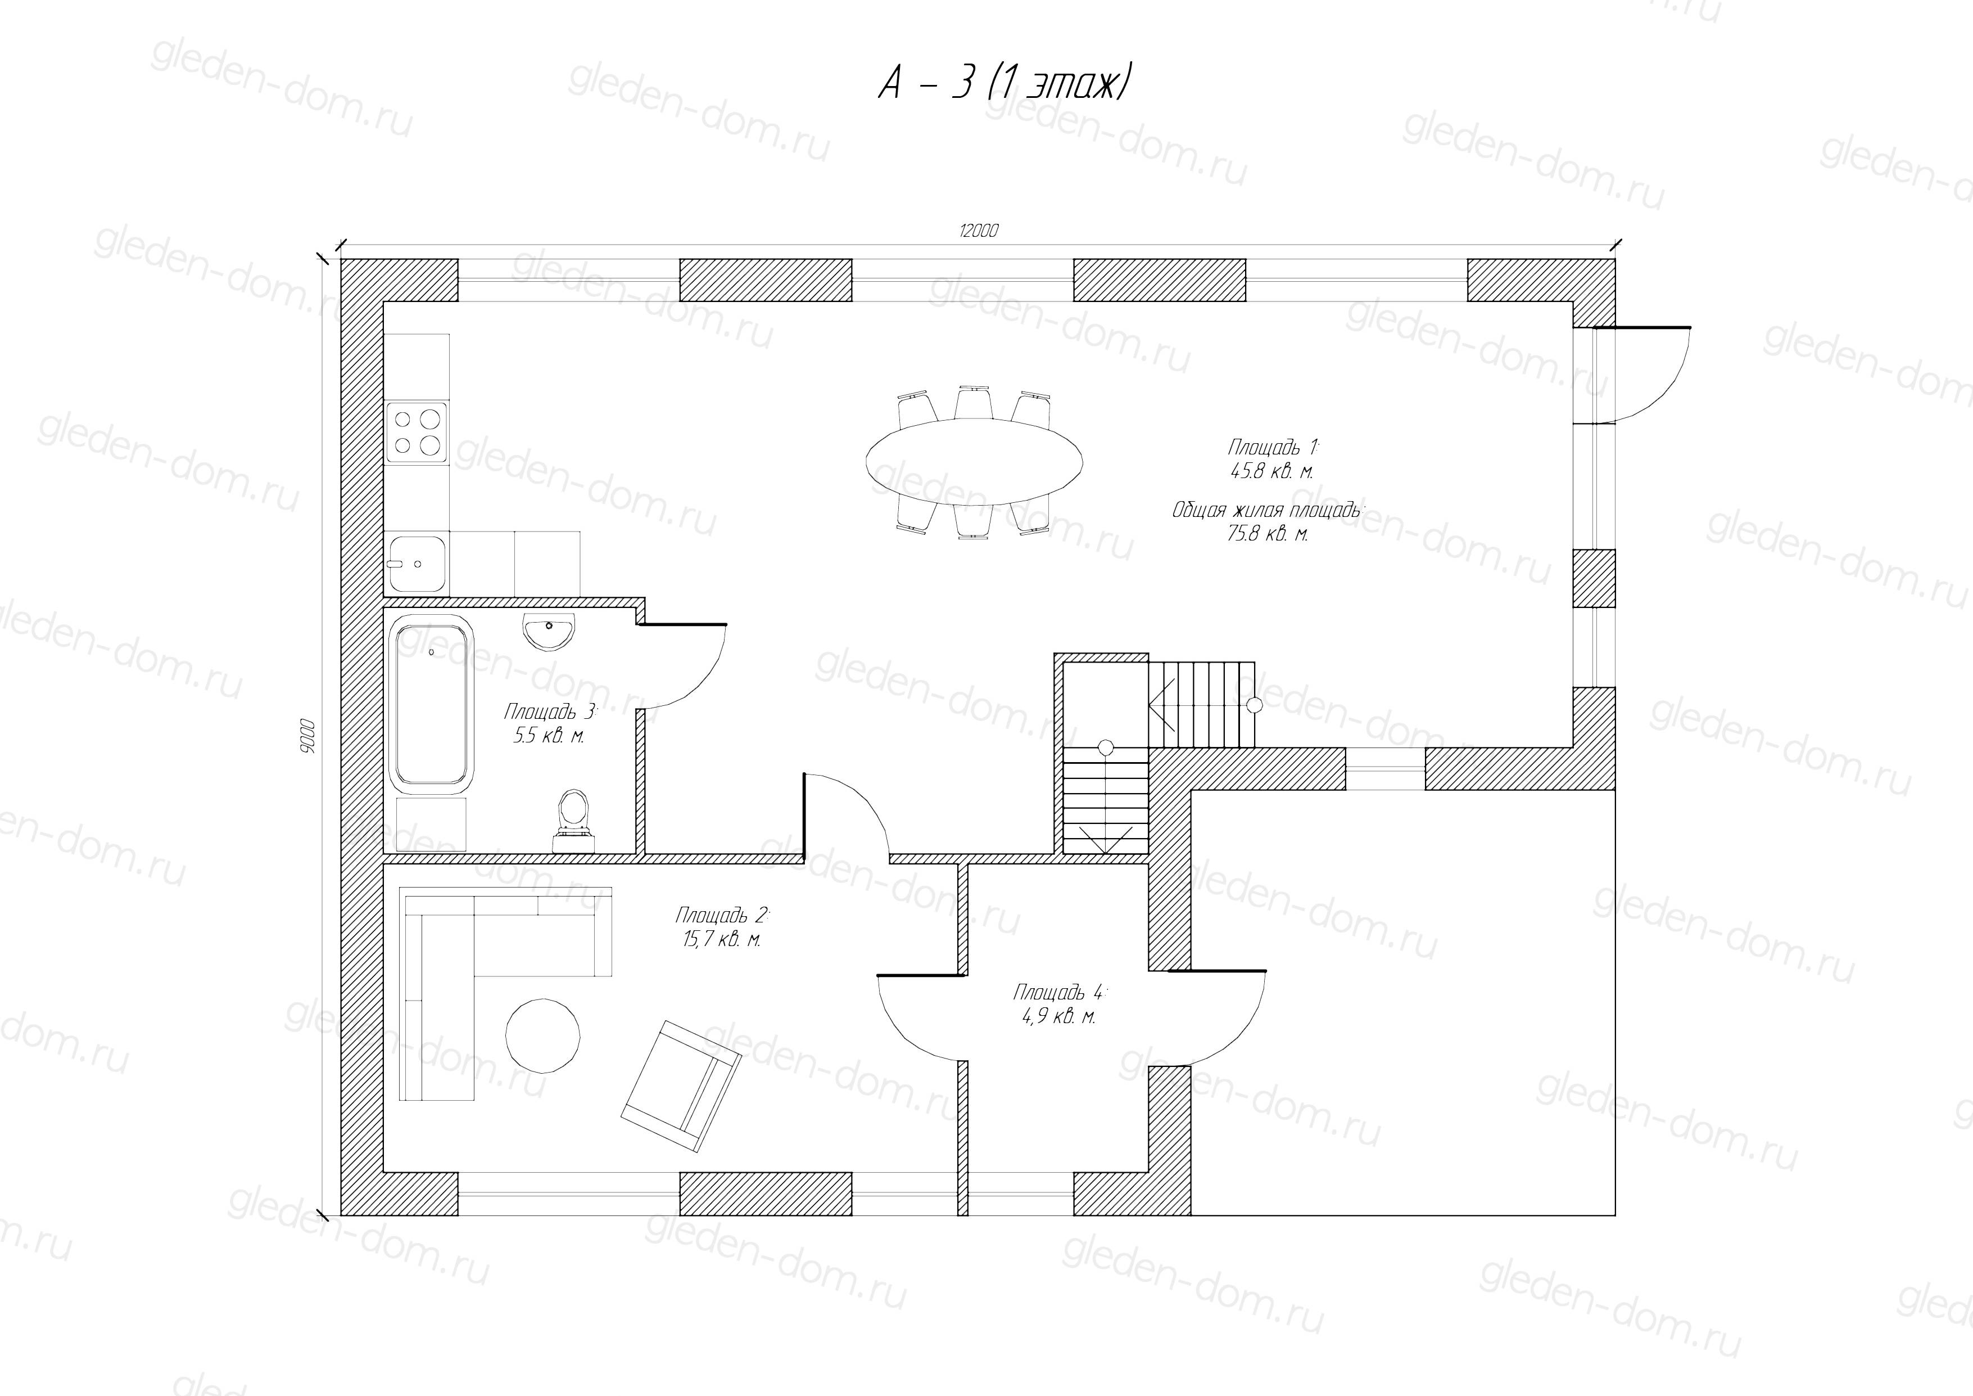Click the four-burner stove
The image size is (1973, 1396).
click(417, 433)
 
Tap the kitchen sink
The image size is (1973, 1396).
click(416, 563)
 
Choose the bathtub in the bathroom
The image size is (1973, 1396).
click(431, 702)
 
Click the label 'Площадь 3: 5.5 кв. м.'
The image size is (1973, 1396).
click(550, 724)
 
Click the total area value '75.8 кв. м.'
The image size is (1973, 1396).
click(1268, 534)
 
